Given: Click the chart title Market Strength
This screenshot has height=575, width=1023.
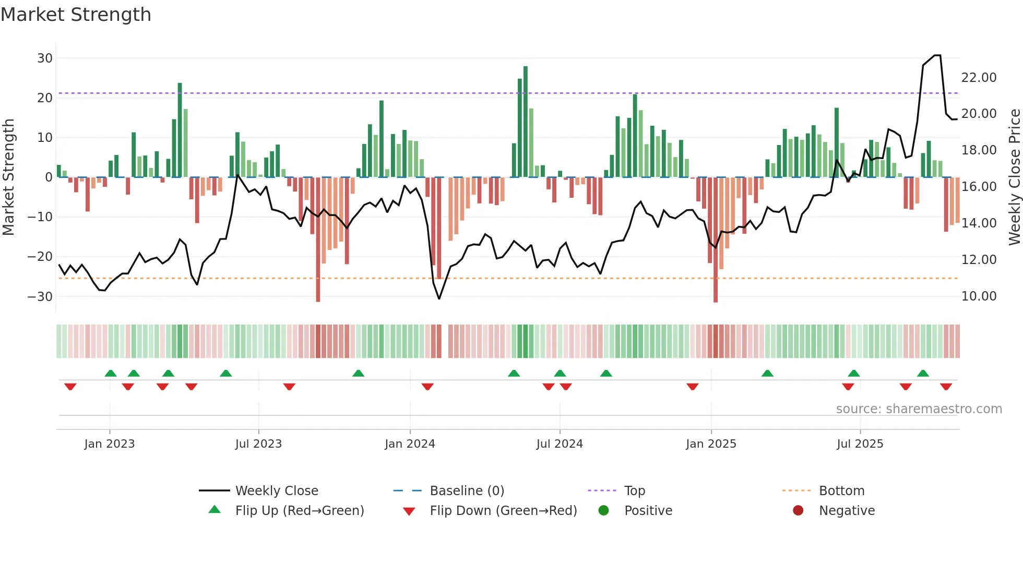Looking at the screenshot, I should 76,15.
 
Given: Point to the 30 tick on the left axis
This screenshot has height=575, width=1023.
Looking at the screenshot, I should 45,58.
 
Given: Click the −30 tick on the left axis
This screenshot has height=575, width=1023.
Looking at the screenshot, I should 40,296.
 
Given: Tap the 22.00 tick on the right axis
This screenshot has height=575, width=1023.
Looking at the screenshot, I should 979,78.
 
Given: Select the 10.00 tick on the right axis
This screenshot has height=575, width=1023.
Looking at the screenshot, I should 979,296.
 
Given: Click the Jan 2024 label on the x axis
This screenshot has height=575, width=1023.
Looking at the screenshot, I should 410,444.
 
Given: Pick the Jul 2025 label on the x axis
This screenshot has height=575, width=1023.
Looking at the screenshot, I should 860,444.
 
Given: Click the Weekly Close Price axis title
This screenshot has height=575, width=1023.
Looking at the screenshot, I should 1014,177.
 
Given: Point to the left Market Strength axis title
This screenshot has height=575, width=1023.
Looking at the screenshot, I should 9,177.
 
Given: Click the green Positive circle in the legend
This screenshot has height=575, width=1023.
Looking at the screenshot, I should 604,510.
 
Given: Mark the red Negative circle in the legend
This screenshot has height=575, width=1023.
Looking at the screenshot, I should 798,510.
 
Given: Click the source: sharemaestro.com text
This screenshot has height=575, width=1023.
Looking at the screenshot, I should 919,409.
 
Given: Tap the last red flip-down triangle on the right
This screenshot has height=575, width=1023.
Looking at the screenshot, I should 946,387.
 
